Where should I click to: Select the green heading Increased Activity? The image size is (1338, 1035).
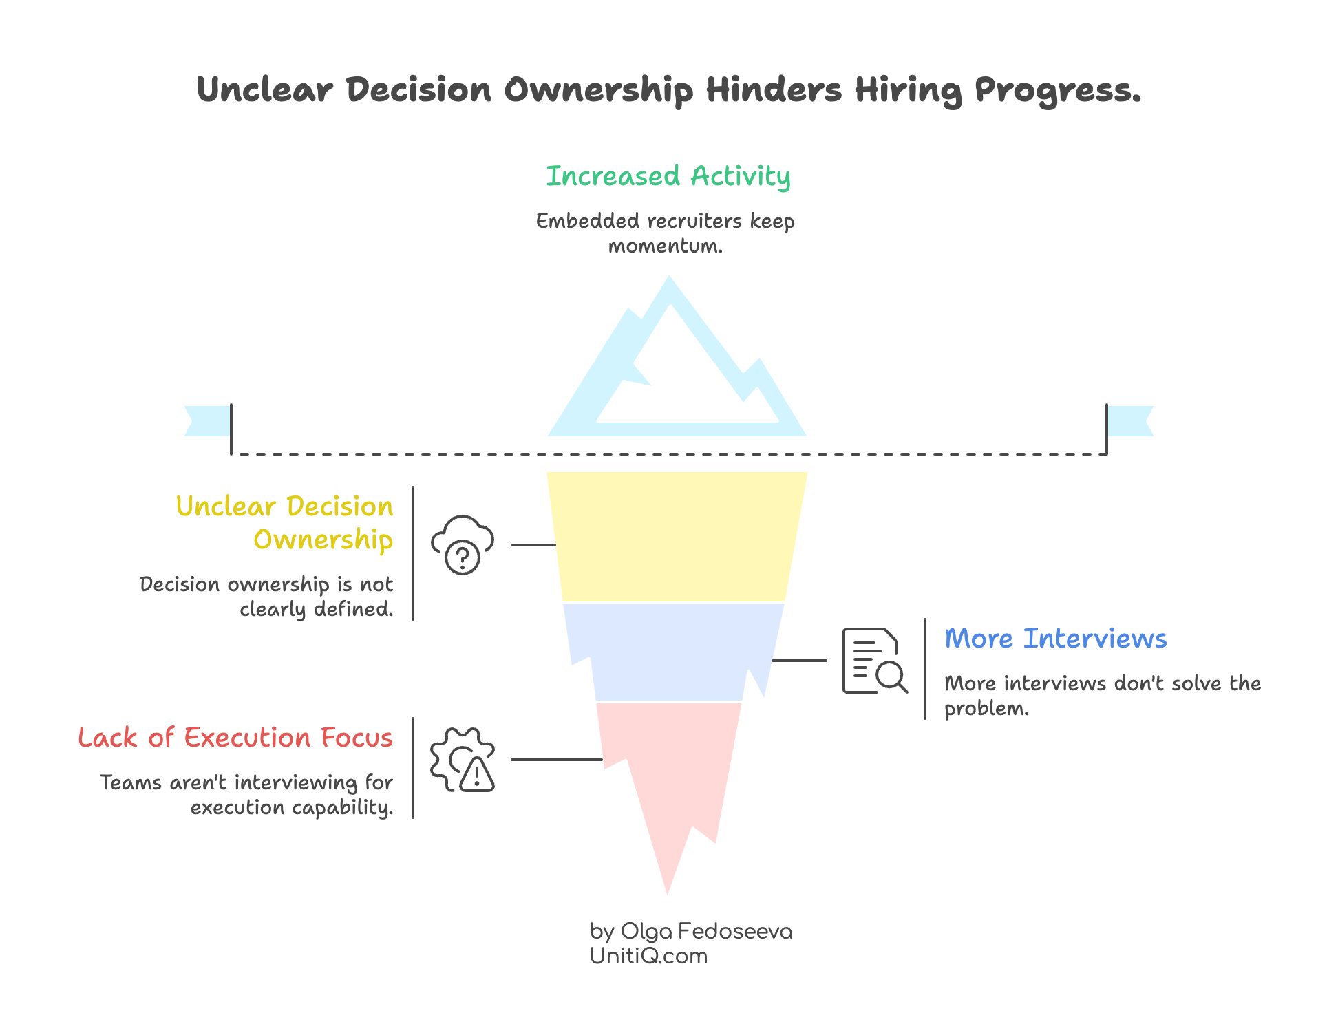pyautogui.click(x=668, y=177)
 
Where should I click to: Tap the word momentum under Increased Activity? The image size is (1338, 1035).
pyautogui.click(x=665, y=246)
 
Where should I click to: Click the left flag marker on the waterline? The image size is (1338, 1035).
pyautogui.click(x=206, y=421)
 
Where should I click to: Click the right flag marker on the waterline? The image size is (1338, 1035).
pyautogui.click(x=1132, y=421)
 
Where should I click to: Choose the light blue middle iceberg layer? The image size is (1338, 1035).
pyautogui.click(x=671, y=650)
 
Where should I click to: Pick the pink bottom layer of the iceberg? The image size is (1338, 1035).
pyautogui.click(x=666, y=771)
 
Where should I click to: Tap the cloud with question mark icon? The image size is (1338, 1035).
pyautogui.click(x=463, y=544)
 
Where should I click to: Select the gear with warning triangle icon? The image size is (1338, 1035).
pyautogui.click(x=463, y=760)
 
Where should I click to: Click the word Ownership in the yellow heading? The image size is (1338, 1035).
pyautogui.click(x=323, y=540)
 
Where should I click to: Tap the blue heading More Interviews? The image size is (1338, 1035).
pyautogui.click(x=1055, y=639)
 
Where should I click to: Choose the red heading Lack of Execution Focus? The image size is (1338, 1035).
pyautogui.click(x=235, y=738)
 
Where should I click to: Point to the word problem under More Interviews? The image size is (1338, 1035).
pyautogui.click(x=986, y=708)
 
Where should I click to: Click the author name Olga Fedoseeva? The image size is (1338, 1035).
pyautogui.click(x=706, y=931)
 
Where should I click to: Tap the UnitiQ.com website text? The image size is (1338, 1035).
pyautogui.click(x=648, y=956)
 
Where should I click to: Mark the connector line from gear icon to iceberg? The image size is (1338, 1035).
pyautogui.click(x=556, y=759)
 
